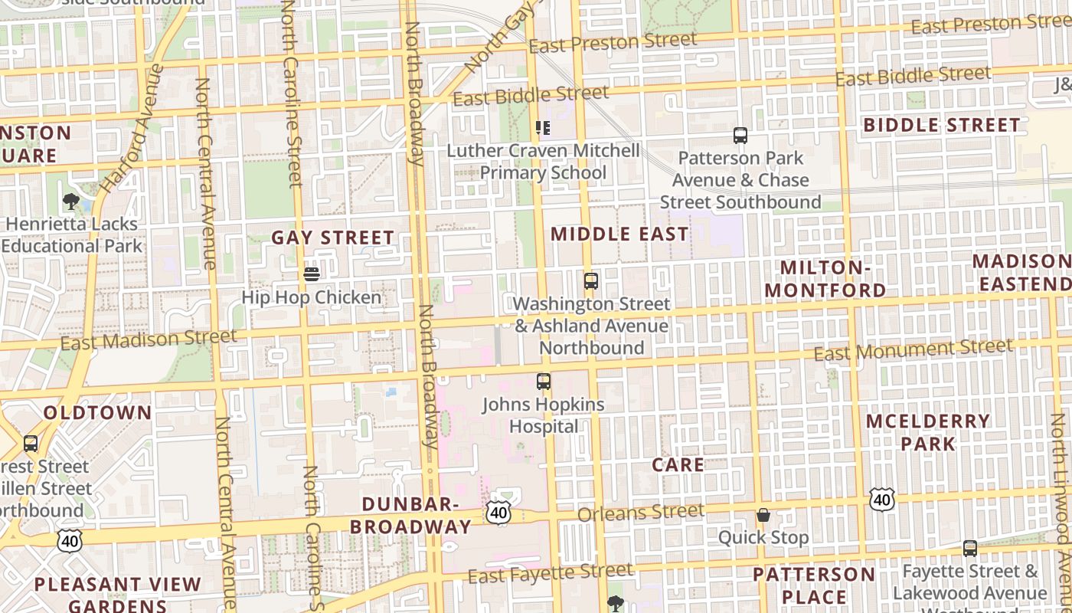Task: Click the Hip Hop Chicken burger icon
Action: pos(311,274)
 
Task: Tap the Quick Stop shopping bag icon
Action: pos(763,514)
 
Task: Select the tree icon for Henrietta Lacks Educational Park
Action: pos(71,202)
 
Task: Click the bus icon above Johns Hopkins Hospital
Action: pos(544,381)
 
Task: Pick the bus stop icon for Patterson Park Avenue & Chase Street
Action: pos(740,136)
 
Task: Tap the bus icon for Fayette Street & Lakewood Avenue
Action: pos(970,548)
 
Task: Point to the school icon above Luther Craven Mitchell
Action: pos(543,127)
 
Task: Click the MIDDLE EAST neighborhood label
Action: pos(619,234)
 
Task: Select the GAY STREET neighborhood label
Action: pos(333,238)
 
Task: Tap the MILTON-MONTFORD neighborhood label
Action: pos(825,279)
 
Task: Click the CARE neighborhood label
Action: pos(678,464)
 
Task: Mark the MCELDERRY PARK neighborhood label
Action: pos(928,432)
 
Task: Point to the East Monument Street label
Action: pos(913,349)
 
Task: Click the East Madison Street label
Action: pos(149,339)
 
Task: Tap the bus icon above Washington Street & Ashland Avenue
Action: pos(590,280)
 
